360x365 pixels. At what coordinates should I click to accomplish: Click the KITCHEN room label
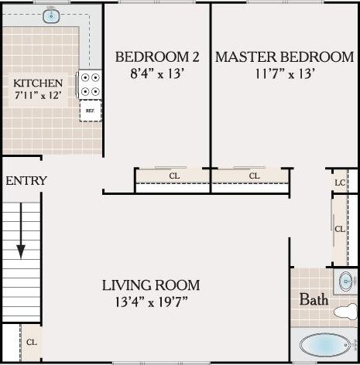pos(38,84)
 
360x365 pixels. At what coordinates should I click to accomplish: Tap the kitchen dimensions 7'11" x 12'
pos(38,97)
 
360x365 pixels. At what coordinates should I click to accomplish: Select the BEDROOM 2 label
pos(157,57)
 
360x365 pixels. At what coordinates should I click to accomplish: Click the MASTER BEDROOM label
pos(284,57)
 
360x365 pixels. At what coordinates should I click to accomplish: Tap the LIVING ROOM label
pos(150,285)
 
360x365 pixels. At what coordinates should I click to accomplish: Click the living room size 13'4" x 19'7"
pos(150,300)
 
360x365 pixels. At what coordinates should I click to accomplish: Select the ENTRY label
pos(26,181)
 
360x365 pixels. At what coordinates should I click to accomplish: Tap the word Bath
pos(314,299)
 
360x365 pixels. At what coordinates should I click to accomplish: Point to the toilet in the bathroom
pos(344,312)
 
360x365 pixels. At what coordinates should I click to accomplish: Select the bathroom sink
pos(345,280)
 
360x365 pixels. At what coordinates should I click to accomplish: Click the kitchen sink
pos(53,15)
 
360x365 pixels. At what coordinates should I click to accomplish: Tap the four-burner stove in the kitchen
pos(91,84)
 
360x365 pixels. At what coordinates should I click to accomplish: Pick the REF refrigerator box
pos(90,111)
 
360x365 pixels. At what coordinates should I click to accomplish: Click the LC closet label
pos(339,182)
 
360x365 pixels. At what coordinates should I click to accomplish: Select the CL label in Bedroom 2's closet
pos(174,176)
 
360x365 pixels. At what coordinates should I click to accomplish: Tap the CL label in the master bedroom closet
pos(254,176)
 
